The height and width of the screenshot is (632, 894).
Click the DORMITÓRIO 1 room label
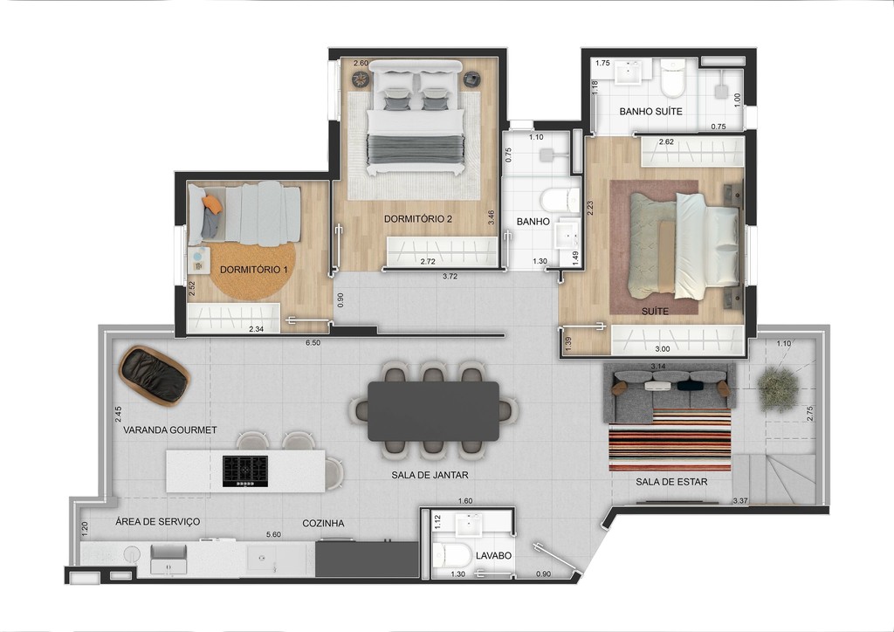[x=253, y=270]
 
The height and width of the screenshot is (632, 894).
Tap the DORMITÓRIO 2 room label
[x=417, y=218]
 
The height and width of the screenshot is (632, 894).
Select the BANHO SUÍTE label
[x=650, y=112]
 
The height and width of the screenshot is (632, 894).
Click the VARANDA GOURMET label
[x=169, y=429]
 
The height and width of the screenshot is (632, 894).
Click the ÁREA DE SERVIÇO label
[x=158, y=521]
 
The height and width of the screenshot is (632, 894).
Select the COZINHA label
[x=323, y=523]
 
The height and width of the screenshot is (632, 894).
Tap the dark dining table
[x=433, y=411]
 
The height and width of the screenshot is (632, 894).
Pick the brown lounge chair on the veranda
[x=155, y=375]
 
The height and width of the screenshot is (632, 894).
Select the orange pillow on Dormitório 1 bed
[x=211, y=203]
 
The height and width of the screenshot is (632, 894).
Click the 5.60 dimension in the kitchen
[x=272, y=535]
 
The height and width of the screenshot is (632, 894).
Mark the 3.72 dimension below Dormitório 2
[x=449, y=276]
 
